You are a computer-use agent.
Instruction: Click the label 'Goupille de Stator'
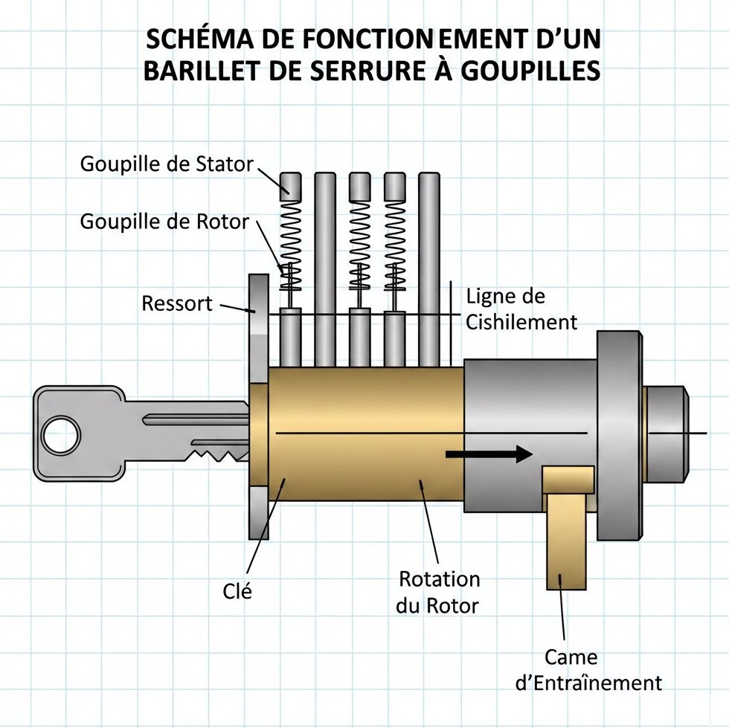point(167,164)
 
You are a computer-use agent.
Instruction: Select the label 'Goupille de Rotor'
point(164,222)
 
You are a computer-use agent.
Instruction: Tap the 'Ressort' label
point(177,303)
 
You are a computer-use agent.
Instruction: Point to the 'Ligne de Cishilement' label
point(521,309)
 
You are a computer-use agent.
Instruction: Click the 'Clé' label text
point(237,592)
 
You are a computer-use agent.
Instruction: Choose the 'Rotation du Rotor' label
point(438,592)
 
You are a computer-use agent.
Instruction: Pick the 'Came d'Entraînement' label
point(588,670)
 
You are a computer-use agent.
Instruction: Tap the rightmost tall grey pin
point(429,268)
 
